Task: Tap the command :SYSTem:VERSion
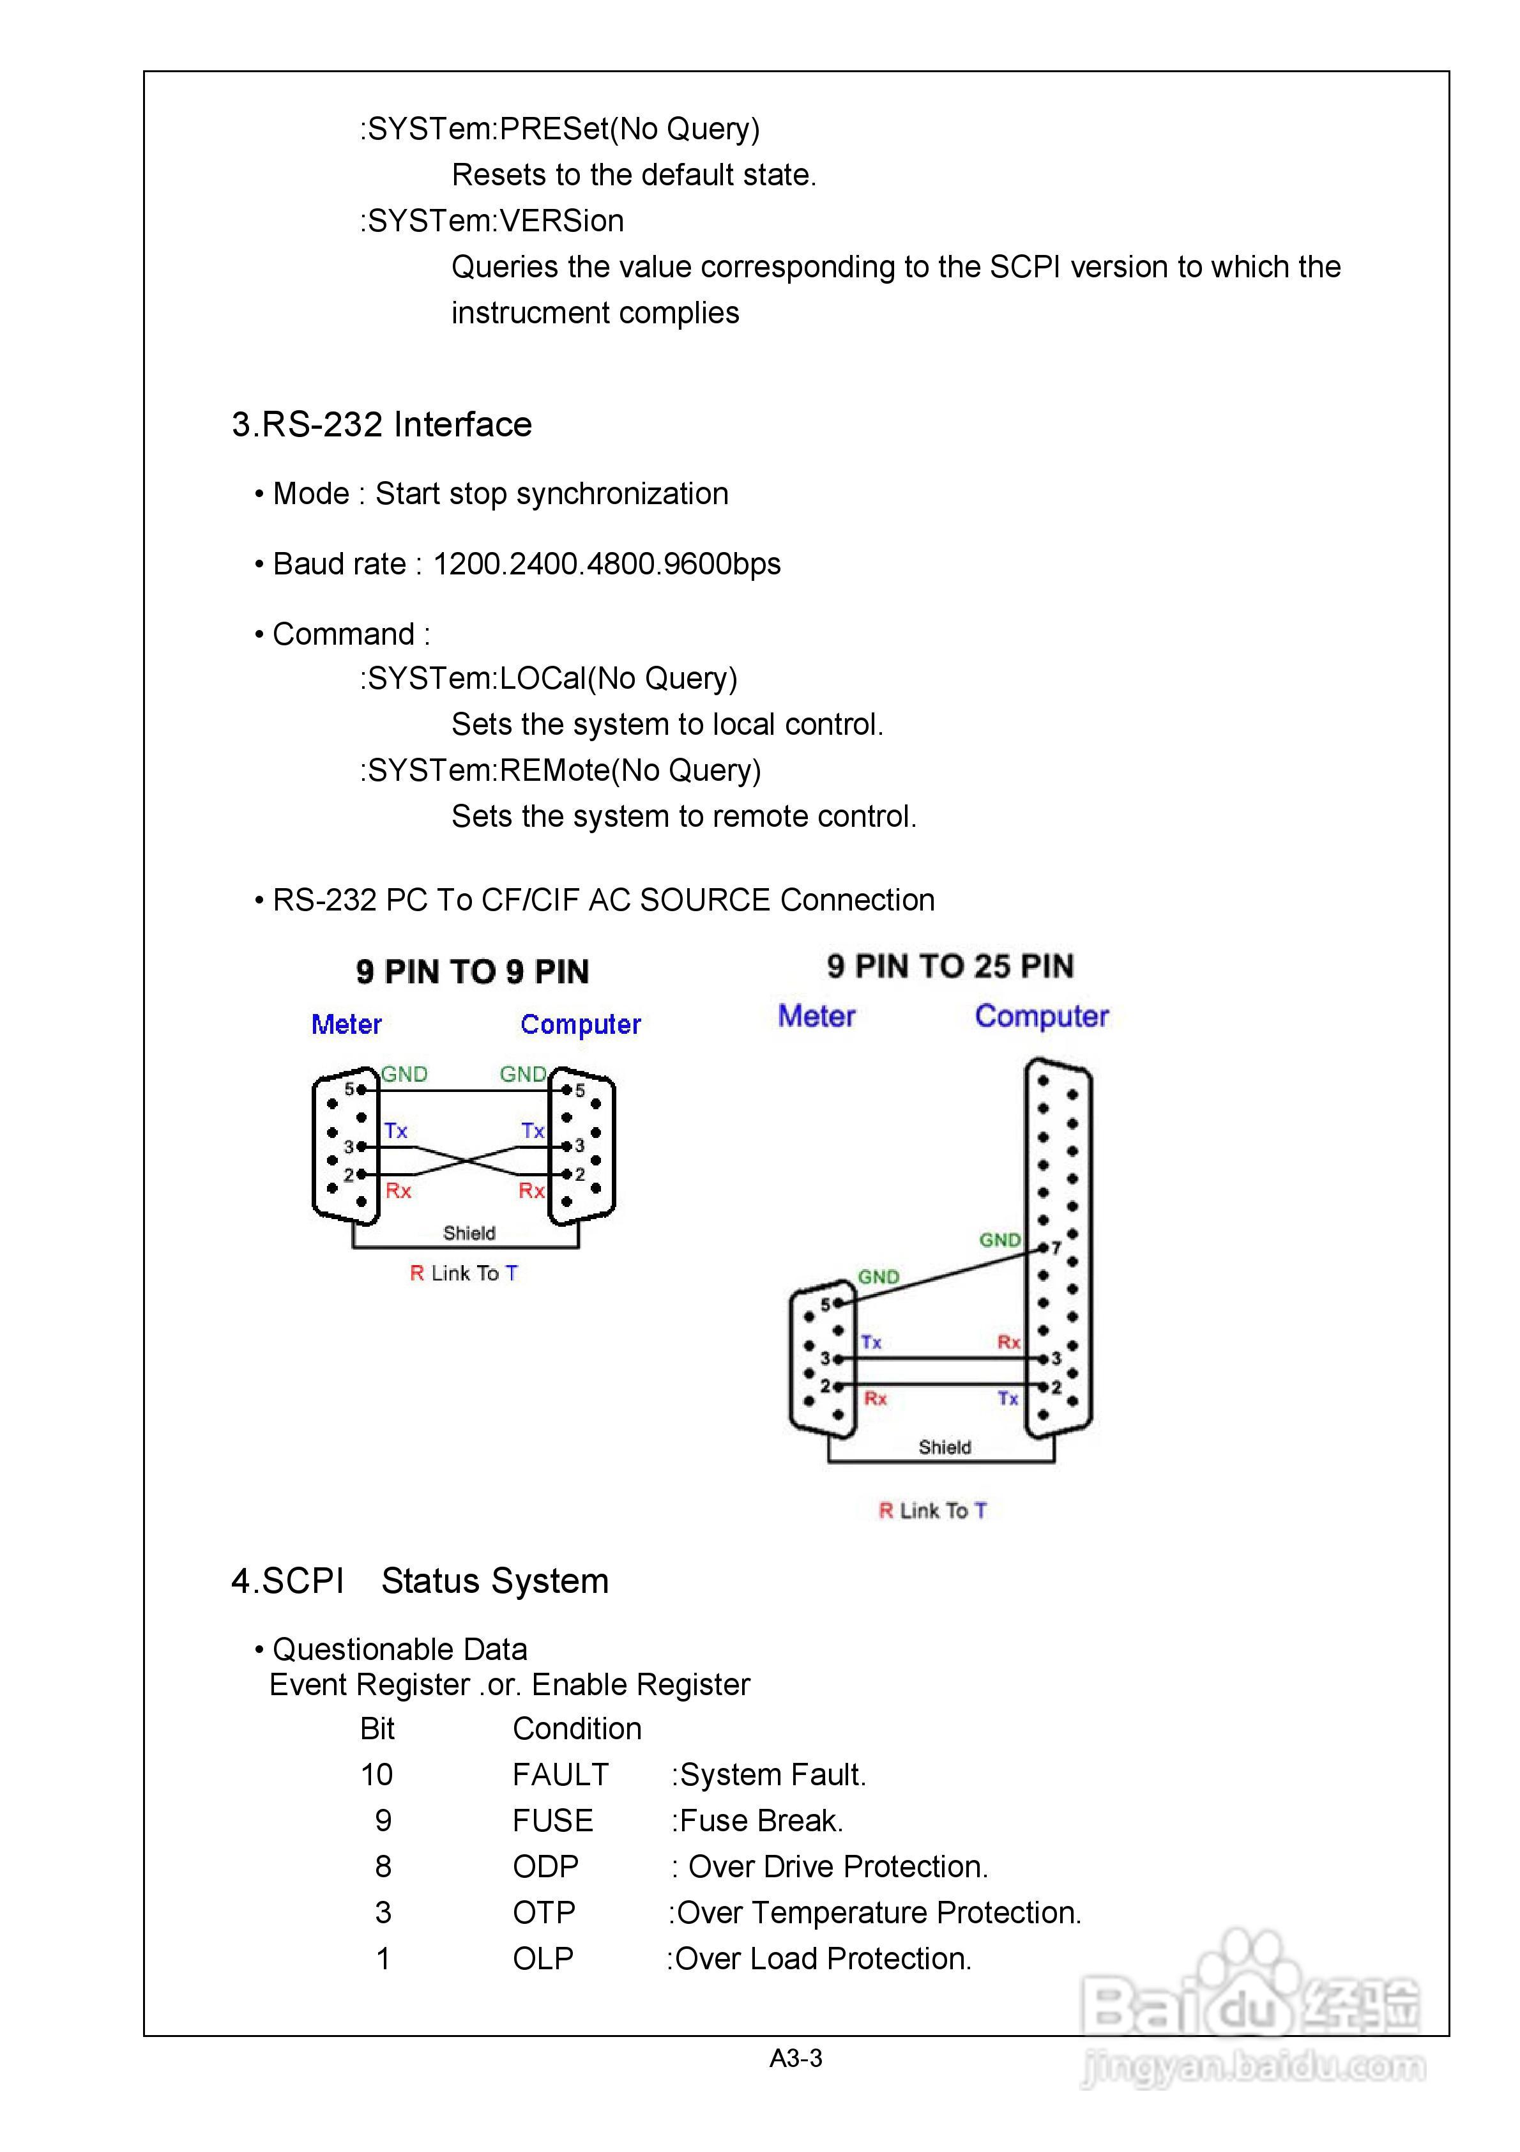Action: coord(492,221)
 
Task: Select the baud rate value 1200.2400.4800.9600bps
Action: coord(606,564)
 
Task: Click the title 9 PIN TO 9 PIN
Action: coord(473,972)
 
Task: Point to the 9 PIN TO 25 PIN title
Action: coord(950,966)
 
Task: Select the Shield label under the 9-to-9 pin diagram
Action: coord(469,1233)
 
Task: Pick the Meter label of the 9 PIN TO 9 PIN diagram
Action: coord(347,1024)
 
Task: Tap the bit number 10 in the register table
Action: coord(377,1775)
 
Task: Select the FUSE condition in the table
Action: coord(553,1821)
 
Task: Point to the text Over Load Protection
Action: coord(823,1959)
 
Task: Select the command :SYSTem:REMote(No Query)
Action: coord(560,771)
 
